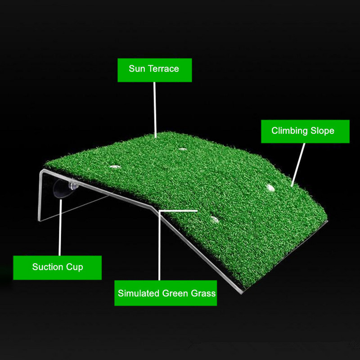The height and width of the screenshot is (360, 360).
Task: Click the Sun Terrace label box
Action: pos(154,70)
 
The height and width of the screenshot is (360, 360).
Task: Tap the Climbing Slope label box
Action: pos(305,131)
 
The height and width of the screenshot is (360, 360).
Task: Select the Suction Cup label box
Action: pos(58,267)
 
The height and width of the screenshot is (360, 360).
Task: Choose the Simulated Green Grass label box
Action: pos(166,293)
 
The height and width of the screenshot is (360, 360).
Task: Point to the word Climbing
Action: pos(289,131)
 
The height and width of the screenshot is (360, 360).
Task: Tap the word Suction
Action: pos(48,267)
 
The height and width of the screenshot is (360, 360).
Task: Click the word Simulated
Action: pos(139,293)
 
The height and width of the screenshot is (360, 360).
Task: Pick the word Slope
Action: pos(322,131)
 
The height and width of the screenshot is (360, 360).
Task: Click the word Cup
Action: pos(74,267)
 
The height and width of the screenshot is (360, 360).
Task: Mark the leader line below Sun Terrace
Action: pos(155,110)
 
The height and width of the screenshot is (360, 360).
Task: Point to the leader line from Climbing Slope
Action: pos(298,165)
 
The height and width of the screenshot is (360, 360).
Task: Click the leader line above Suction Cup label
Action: pos(60,227)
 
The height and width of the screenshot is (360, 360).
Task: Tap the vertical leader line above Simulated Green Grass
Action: pos(159,245)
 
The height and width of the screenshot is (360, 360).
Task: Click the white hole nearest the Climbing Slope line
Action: pos(270,188)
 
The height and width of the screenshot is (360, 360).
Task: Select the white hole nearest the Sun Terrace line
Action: pos(183,149)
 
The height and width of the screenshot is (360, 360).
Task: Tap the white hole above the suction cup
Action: pos(115,166)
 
